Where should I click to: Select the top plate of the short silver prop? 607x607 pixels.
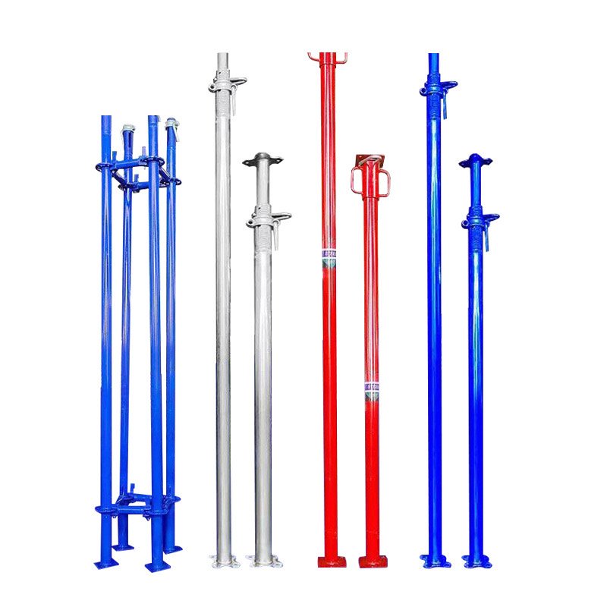click(x=263, y=159)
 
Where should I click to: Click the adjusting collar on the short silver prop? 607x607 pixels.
click(x=267, y=219)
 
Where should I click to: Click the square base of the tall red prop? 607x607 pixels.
click(x=331, y=561)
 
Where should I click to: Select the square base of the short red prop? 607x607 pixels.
click(x=372, y=561)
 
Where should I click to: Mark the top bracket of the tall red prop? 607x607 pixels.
click(x=327, y=57)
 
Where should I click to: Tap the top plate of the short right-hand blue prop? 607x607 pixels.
click(x=476, y=160)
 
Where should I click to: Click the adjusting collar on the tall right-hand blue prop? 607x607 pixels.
click(x=437, y=88)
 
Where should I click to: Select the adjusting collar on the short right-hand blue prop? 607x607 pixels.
click(x=479, y=220)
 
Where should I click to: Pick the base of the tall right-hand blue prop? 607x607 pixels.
click(x=435, y=561)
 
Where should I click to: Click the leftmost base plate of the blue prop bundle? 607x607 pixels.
click(x=105, y=563)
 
